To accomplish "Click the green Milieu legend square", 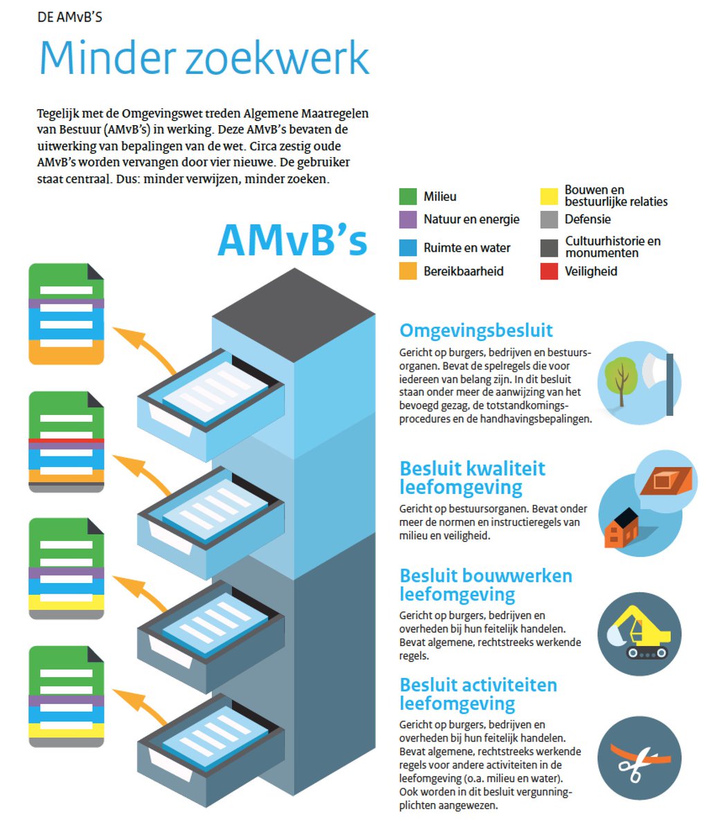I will pos(408,196).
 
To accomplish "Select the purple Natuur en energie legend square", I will pos(408,219).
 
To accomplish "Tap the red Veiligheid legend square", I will pos(549,271).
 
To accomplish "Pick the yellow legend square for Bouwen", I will pos(549,196).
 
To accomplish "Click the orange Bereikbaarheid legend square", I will pos(408,271).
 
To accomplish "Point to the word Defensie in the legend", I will pos(588,219).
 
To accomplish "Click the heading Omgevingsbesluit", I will pos(476,331).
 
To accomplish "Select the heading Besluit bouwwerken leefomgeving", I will pos(485,585).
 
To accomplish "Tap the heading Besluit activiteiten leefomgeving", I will pos(478,694).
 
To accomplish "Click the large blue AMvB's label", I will pos(292,240).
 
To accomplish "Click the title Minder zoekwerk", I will pos(204,58).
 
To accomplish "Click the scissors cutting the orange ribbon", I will pos(631,761).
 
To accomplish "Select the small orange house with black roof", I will pos(622,531).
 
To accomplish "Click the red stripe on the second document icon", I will pos(66,440).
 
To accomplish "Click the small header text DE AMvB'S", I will pos(70,17).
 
